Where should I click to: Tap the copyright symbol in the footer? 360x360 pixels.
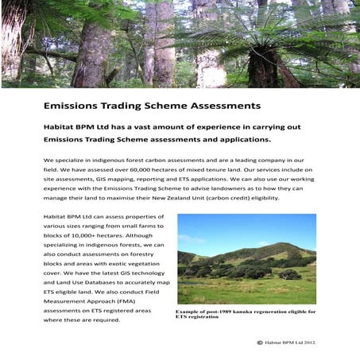pos(259,342)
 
